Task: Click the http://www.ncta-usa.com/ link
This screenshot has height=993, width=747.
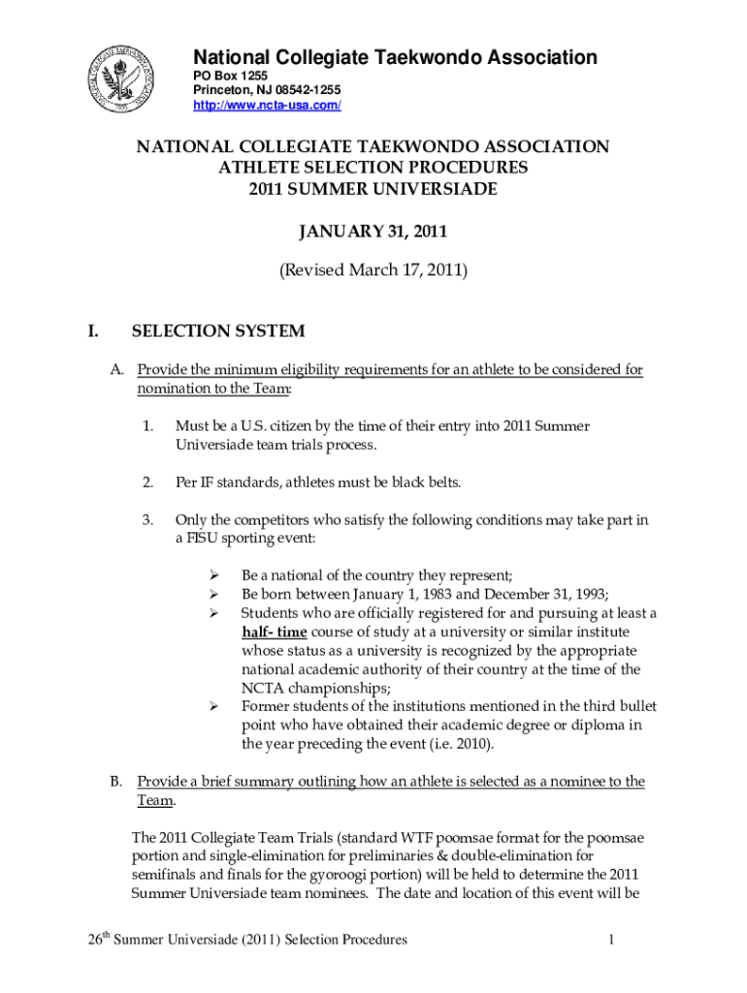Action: pyautogui.click(x=267, y=106)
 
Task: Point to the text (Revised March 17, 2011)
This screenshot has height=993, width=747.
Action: pyautogui.click(x=373, y=272)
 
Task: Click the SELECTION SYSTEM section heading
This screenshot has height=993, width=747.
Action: pyautogui.click(x=218, y=332)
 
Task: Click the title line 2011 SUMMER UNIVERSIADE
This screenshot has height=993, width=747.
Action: pyautogui.click(x=373, y=188)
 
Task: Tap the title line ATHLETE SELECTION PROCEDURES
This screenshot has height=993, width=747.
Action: pyautogui.click(x=373, y=168)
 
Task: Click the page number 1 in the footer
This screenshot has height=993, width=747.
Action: pyautogui.click(x=612, y=940)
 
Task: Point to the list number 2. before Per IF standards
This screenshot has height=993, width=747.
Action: pyautogui.click(x=147, y=482)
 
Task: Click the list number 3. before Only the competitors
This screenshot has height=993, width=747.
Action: pyautogui.click(x=147, y=520)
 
